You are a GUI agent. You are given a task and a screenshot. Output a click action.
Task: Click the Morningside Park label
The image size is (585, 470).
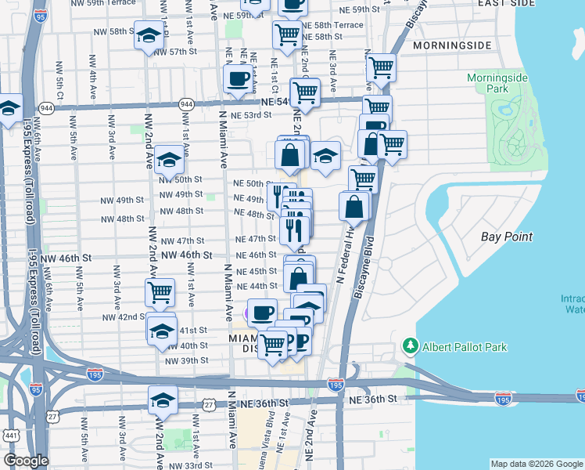498,84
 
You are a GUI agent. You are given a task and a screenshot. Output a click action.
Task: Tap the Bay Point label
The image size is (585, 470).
507,236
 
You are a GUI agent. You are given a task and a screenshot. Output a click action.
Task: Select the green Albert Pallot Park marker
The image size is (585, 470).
409,345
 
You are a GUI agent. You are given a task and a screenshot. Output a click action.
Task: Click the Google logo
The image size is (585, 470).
26,461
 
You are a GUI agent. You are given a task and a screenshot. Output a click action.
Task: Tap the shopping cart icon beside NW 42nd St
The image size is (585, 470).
160,292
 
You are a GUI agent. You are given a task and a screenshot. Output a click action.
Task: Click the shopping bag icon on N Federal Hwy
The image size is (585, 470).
354,206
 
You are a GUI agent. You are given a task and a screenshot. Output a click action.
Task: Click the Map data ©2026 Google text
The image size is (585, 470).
537,464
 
